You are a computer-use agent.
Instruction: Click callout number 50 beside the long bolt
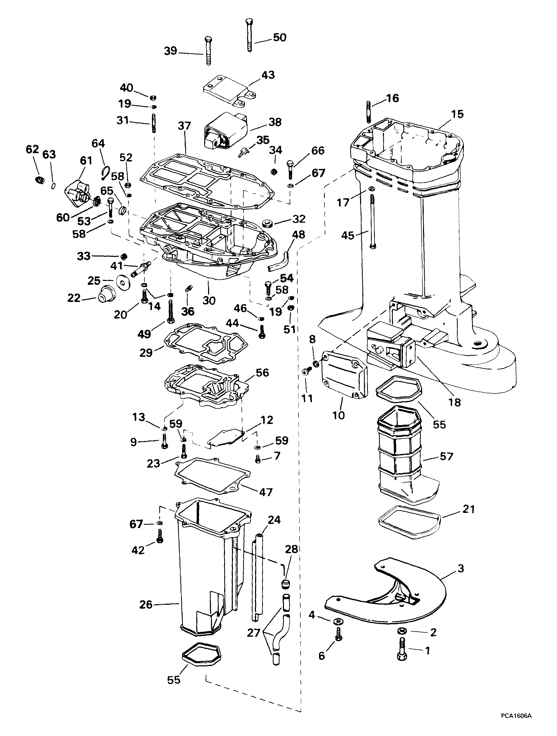tap(279, 38)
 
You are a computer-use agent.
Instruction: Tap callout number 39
tap(171, 51)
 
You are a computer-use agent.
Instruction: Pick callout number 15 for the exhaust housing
tap(457, 114)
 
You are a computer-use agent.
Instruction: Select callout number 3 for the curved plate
tap(460, 569)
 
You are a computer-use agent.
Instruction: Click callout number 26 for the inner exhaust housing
tap(146, 604)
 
